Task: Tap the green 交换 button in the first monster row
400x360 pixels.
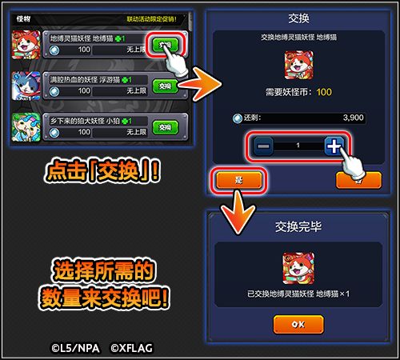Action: pos(163,44)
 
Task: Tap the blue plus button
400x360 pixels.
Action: pos(335,145)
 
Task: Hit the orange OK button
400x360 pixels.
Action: pos(298,324)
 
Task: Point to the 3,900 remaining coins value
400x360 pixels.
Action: pos(353,117)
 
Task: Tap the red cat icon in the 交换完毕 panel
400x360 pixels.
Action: pos(298,268)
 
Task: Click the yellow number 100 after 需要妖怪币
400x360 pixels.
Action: pos(324,92)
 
